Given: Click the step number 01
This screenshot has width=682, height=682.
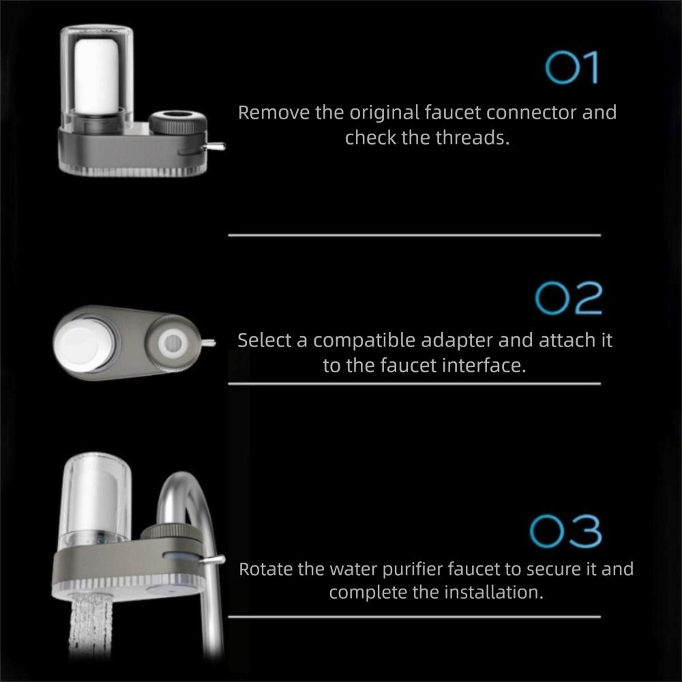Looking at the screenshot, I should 572,68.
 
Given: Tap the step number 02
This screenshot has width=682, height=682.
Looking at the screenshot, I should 568,299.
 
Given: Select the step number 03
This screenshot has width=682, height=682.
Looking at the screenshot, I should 566,532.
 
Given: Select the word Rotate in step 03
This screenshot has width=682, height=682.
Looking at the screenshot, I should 265,569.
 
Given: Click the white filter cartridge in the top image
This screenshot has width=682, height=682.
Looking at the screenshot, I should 97,76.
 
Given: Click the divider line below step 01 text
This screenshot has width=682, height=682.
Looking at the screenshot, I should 414,235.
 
